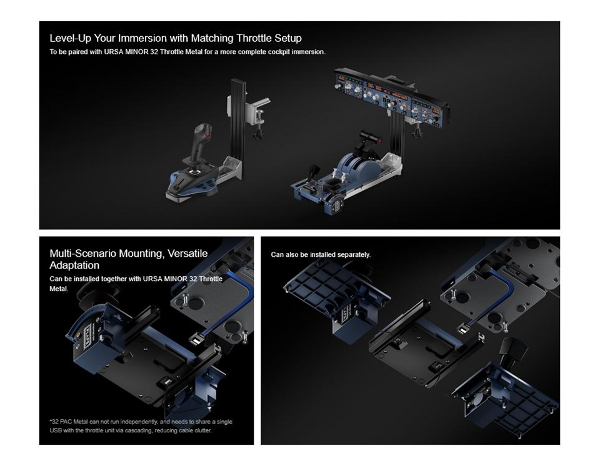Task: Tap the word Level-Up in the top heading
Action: pyautogui.click(x=71, y=39)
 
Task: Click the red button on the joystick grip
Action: pyautogui.click(x=207, y=135)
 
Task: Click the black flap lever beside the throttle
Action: pyautogui.click(x=312, y=172)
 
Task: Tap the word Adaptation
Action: pyautogui.click(x=74, y=265)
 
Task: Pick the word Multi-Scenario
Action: pyautogui.click(x=82, y=253)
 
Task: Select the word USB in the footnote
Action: pyautogui.click(x=56, y=431)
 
